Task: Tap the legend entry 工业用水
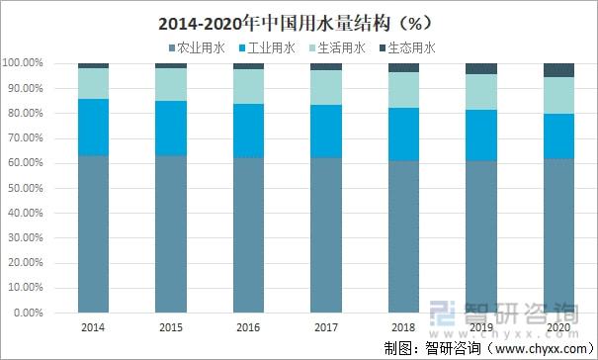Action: point(268,46)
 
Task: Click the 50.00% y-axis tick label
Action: point(26,188)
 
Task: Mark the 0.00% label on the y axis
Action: point(28,313)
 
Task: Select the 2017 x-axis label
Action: point(325,325)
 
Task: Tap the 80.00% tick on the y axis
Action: point(26,113)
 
